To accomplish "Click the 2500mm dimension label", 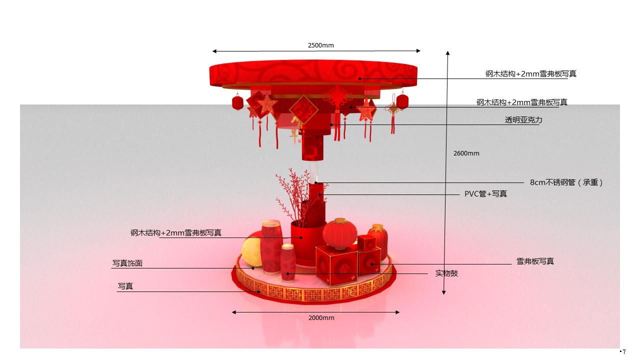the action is [320, 45].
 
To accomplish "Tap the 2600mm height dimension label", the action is [466, 153].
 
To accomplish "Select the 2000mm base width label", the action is [321, 317].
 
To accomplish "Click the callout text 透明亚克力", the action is [523, 119].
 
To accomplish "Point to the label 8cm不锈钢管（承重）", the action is [566, 182].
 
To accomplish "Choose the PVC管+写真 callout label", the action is [485, 193].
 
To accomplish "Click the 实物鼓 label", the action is [446, 273].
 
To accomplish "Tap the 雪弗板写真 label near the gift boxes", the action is [535, 261].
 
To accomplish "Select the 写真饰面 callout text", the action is [127, 263].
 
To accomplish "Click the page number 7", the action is [624, 351].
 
